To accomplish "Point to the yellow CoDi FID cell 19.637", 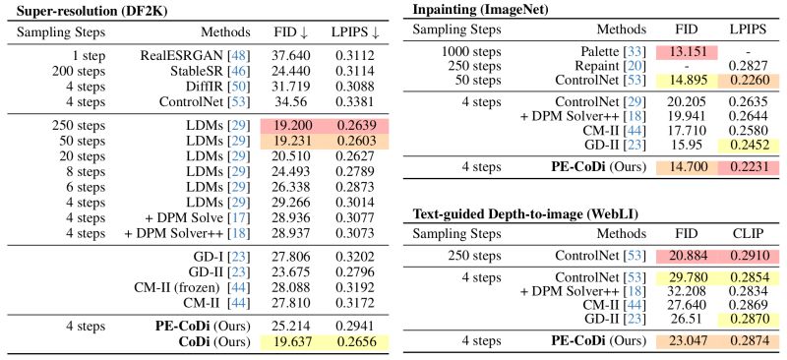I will click(x=290, y=342).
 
